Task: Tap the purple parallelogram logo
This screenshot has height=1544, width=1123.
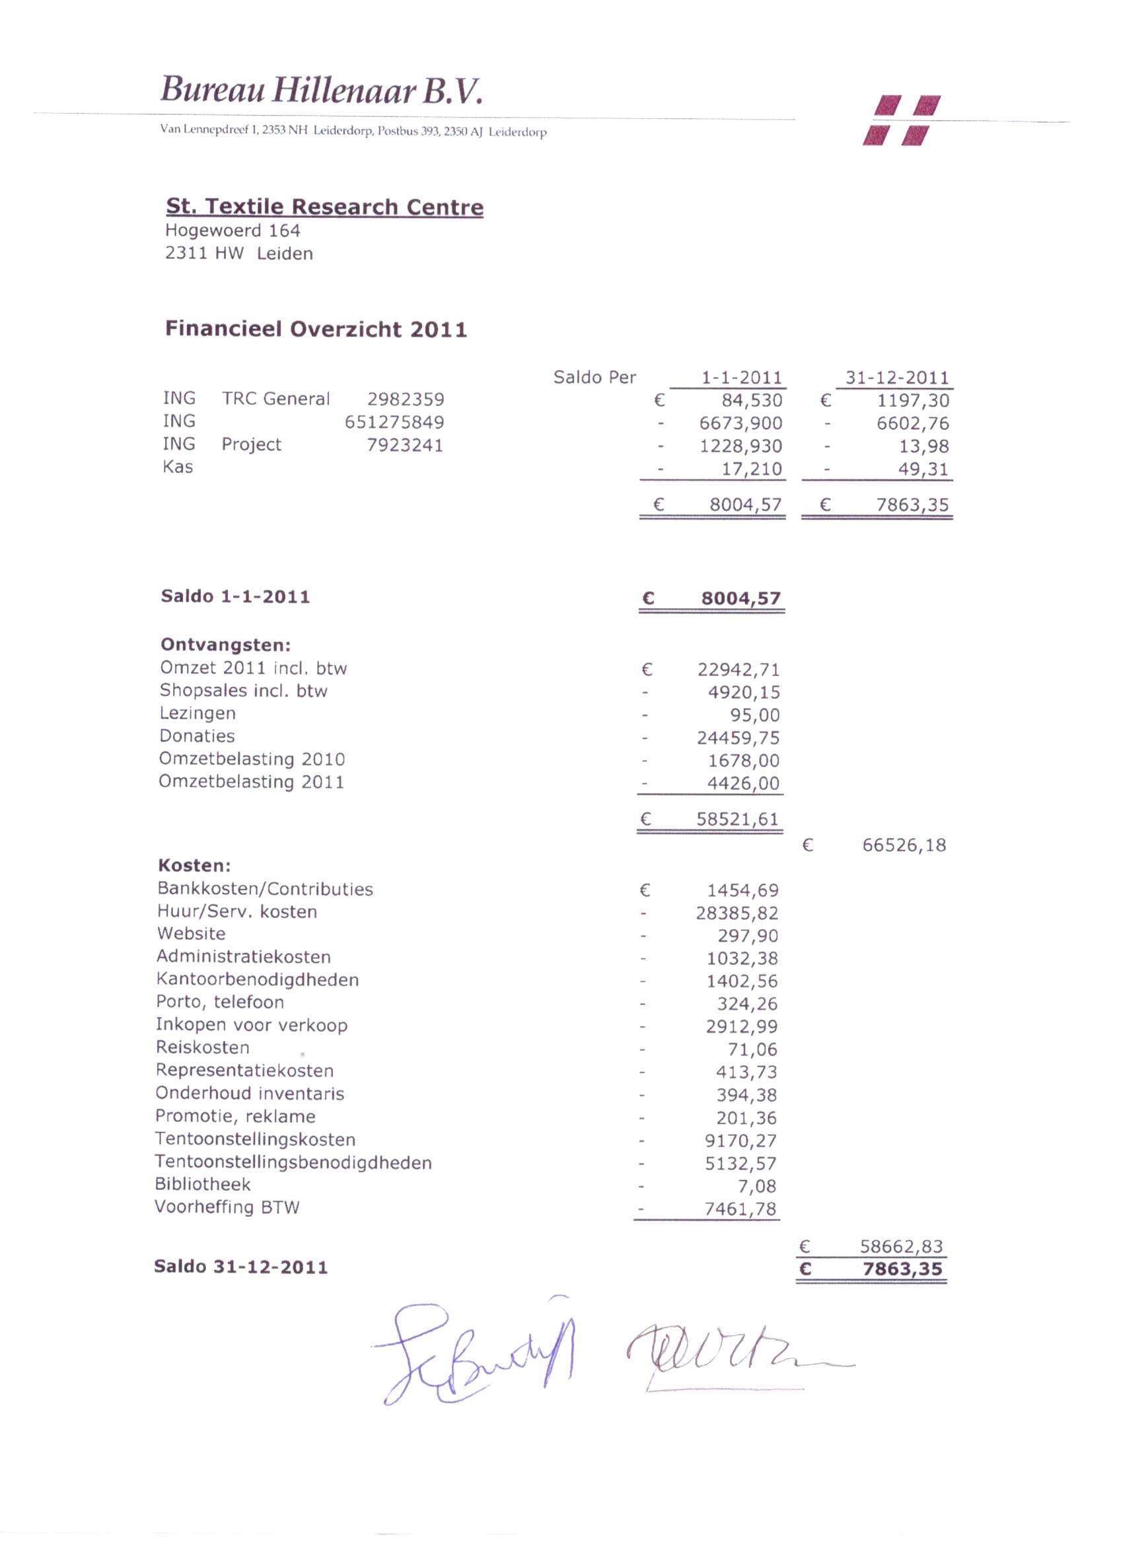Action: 902,120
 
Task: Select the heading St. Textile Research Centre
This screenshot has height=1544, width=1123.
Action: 324,206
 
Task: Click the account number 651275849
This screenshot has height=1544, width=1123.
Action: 394,422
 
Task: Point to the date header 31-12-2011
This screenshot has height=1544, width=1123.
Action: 896,377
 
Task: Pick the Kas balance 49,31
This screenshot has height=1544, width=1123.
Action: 923,469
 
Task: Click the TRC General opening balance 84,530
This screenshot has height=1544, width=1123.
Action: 752,400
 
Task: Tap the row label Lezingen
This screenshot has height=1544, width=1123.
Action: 198,713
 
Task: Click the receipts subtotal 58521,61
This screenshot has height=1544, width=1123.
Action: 737,819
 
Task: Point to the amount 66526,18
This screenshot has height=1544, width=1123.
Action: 904,845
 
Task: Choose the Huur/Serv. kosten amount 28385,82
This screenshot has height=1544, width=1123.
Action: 736,913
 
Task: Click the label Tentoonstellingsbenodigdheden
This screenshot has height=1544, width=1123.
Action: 293,1163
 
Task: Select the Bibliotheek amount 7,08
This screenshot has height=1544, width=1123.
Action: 756,1186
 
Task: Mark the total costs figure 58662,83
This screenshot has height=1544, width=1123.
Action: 901,1247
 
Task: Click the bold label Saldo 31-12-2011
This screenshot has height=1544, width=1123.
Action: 240,1267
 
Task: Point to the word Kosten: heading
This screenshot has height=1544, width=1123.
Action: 194,865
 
